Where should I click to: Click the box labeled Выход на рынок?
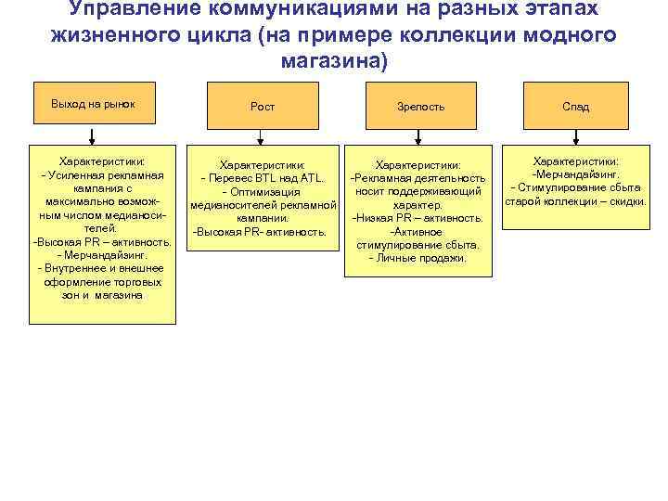click(93, 103)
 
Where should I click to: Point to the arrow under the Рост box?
click(263, 137)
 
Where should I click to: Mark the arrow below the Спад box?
click(575, 137)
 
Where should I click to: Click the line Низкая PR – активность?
click(417, 218)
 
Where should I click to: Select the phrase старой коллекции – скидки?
click(575, 201)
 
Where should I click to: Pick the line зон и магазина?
click(102, 295)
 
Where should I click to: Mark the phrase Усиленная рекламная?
click(104, 175)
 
